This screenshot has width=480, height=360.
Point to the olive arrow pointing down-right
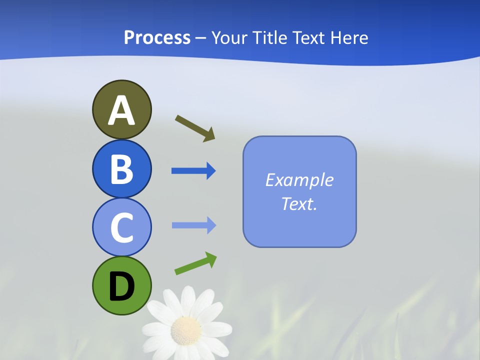pos(195,128)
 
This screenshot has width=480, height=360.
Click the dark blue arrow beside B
pos(193,171)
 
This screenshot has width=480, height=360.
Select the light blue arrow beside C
pos(193,225)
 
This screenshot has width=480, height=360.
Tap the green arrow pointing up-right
pos(195,263)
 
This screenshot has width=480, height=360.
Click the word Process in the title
pos(157,38)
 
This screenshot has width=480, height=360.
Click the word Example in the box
pos(299,180)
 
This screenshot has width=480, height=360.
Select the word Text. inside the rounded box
pos(299,204)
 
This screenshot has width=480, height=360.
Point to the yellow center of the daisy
pos(186,329)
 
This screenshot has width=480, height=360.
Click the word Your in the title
pos(229,38)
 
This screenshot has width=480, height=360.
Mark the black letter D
pos(121,286)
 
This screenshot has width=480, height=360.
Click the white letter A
pos(121,111)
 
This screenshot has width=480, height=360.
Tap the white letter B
pos(121,169)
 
